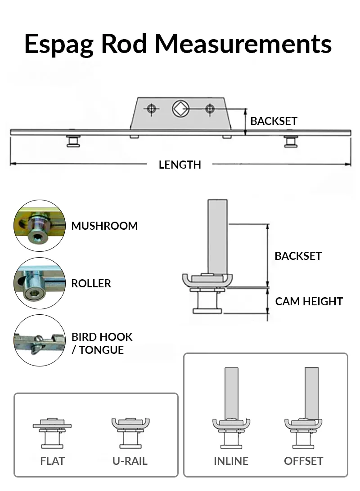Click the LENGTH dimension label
180,165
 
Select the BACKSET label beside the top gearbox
274,121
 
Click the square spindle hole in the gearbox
181,108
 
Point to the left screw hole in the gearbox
152,108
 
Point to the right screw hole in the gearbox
210,108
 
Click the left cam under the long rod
72,141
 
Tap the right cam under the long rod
290,141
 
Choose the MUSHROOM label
104,226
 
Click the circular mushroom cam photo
40,226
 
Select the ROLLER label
91,283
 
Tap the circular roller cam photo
40,283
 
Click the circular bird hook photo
40,340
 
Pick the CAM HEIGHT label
309,301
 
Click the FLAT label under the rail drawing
52,461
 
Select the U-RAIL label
130,461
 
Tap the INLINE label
231,461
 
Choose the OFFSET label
303,461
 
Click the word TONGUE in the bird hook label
101,350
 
